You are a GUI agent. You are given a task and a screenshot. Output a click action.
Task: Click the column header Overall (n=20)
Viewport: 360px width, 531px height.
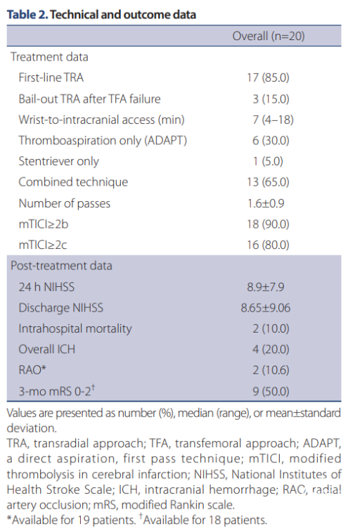(268, 36)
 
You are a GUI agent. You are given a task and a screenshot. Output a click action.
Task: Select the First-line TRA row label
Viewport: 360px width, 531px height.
(51, 77)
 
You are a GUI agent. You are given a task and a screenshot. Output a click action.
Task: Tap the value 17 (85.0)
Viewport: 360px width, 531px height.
(268, 77)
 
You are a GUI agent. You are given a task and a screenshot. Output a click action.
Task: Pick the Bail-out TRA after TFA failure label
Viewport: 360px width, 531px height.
(89, 99)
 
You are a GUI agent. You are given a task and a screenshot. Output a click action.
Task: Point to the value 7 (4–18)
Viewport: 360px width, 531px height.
(273, 120)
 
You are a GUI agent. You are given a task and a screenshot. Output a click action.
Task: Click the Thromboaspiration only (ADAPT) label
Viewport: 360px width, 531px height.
(103, 141)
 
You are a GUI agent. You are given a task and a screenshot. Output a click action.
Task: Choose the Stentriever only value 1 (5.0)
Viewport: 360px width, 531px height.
(268, 161)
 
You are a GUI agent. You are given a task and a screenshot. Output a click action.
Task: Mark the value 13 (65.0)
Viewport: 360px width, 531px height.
(268, 182)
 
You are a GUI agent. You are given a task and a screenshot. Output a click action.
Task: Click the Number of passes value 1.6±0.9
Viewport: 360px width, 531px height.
(266, 203)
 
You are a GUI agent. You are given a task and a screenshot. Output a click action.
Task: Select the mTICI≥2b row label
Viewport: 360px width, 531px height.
(44, 224)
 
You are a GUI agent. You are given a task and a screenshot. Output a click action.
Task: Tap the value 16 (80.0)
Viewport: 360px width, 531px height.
(268, 245)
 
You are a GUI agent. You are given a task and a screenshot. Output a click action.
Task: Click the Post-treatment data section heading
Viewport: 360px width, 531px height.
(61, 266)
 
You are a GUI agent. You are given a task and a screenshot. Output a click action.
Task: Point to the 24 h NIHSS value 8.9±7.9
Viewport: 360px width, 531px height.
(266, 287)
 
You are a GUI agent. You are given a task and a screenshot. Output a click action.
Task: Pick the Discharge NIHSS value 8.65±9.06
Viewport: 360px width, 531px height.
(266, 308)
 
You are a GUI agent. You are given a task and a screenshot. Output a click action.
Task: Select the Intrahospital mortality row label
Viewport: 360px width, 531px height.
(75, 329)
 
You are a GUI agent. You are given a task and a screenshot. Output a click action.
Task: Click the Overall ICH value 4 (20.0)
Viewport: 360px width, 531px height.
(271, 350)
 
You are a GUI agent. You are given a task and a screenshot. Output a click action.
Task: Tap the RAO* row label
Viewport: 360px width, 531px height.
(32, 370)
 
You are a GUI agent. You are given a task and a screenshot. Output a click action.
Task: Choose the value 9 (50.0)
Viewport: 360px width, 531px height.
(271, 392)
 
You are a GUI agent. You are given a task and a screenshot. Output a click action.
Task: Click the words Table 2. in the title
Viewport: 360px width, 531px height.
(27, 15)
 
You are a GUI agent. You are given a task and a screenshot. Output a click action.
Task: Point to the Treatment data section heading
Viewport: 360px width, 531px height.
(49, 57)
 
